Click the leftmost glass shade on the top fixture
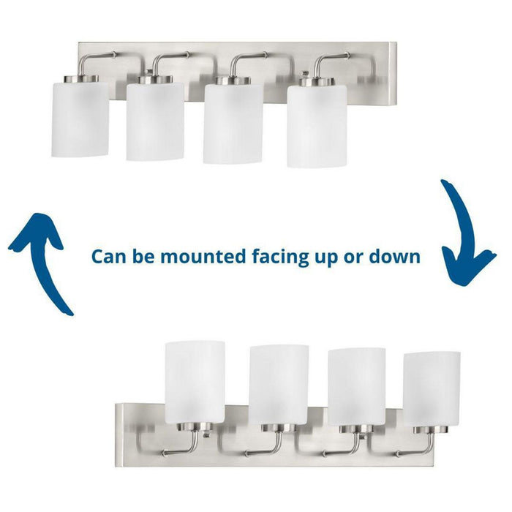click(x=80, y=118)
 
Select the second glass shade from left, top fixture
click(x=155, y=121)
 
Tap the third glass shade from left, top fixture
click(x=233, y=124)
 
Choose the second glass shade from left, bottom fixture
click(x=278, y=385)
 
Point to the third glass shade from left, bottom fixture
click(x=356, y=387)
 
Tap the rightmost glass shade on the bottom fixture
click(x=432, y=389)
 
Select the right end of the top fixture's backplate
click(x=391, y=73)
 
